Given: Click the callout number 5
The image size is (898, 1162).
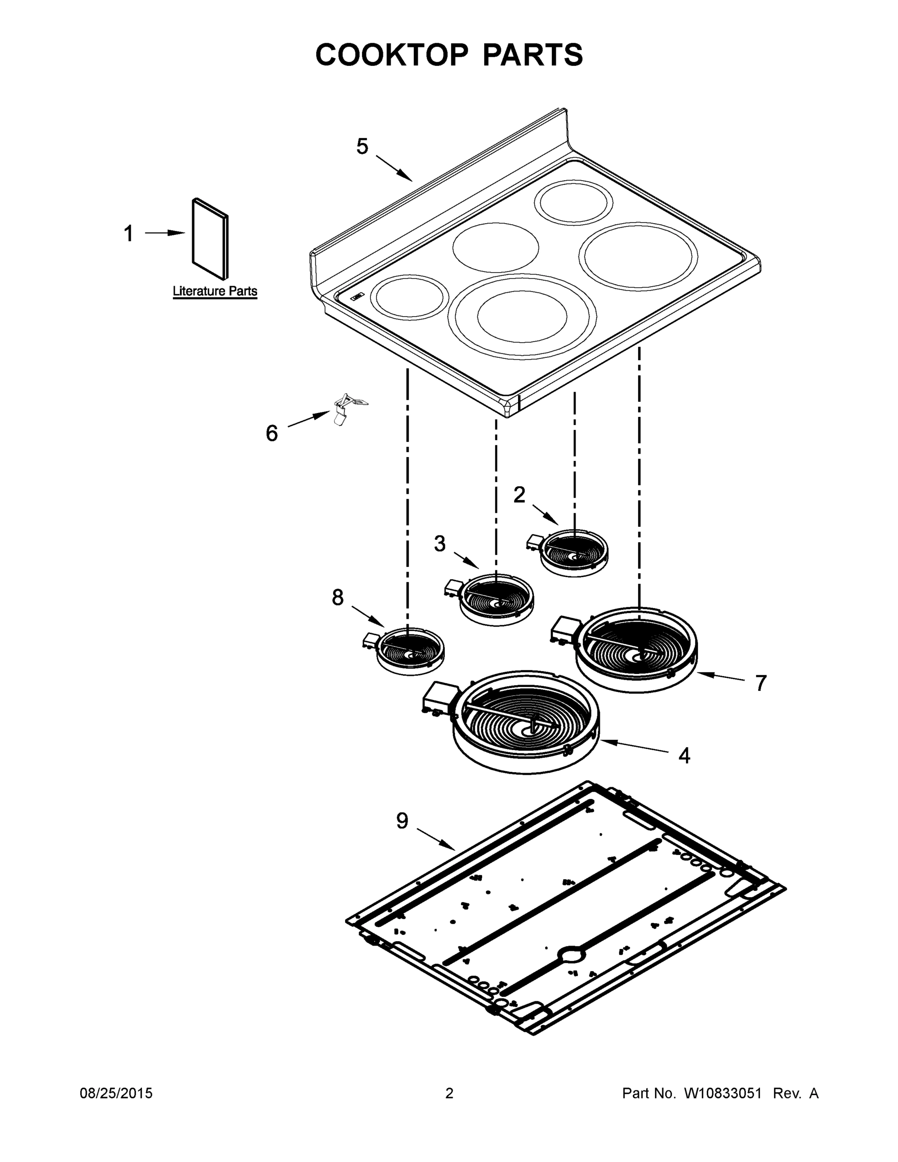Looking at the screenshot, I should point(362,146).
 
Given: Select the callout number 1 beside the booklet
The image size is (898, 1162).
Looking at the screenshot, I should point(129,233).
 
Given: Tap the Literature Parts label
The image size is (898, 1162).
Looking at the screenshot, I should point(215,291).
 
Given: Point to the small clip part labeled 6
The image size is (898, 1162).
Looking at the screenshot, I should point(344,408).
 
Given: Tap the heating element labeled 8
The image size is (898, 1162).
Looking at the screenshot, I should point(410,650).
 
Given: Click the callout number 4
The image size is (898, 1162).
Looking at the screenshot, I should point(684,755).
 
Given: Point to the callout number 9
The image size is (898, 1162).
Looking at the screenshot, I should point(402,821).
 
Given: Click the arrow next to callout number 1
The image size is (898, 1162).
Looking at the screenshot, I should point(165,233).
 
